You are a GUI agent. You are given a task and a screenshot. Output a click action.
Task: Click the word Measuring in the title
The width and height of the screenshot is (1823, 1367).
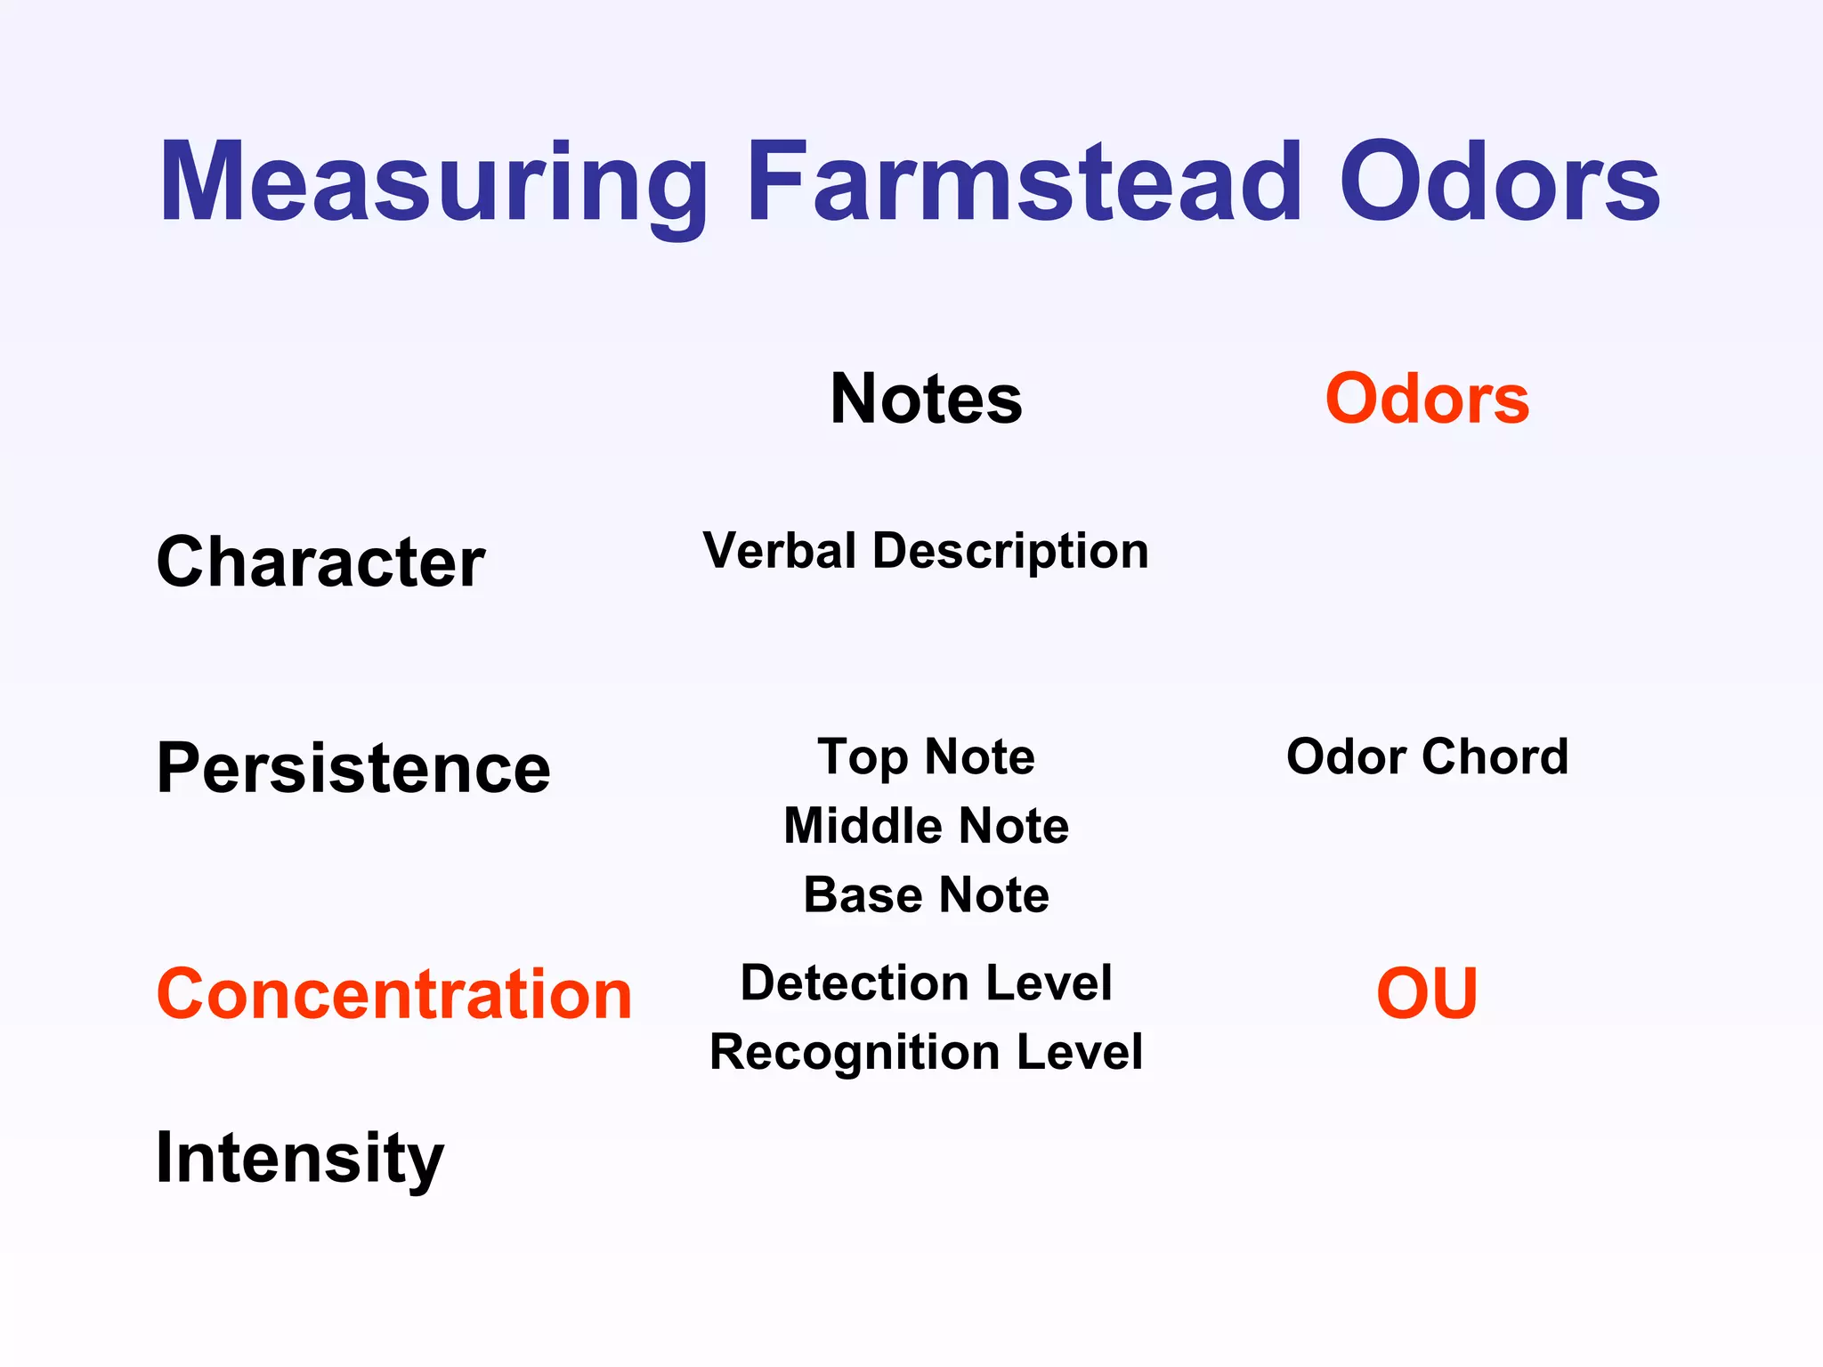coord(433,184)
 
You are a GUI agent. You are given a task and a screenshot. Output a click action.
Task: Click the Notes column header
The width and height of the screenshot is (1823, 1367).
coord(926,400)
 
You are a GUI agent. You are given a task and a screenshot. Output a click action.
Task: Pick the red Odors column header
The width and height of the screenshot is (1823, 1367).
coord(1427,400)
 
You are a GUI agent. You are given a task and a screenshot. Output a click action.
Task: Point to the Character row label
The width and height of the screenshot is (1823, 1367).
coord(320,562)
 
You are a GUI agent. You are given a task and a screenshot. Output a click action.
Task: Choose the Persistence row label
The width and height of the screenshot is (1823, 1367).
coord(353,768)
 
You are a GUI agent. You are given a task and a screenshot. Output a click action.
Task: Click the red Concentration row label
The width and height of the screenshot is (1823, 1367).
coord(393,994)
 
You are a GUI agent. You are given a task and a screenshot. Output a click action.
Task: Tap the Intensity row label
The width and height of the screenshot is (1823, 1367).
coord(299,1158)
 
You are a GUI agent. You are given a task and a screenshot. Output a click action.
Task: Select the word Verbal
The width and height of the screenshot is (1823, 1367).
coord(779,551)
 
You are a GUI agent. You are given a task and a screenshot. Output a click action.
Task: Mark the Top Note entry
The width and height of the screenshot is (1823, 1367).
coord(926,757)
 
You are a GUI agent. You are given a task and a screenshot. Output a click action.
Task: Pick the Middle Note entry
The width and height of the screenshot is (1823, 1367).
coord(926,826)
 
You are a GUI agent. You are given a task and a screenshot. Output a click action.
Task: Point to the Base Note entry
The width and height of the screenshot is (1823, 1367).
coord(926,895)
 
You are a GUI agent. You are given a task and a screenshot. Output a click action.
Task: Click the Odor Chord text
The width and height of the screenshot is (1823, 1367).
coord(1427,757)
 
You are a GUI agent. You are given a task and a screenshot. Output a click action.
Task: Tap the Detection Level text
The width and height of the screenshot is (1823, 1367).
coord(926,983)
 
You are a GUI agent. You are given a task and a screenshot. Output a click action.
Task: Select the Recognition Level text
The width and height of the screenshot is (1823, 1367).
coord(926,1053)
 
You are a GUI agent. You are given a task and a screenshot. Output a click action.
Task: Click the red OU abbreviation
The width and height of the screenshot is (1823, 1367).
coord(1427,994)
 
